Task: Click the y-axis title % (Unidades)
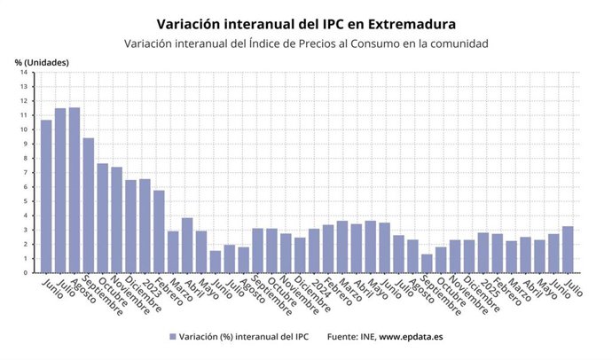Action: click(x=41, y=61)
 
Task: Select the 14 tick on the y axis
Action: click(x=24, y=73)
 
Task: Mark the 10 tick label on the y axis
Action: click(x=24, y=129)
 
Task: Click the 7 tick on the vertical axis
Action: click(x=26, y=173)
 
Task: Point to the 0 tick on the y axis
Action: click(x=26, y=273)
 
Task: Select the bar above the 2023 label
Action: click(x=145, y=226)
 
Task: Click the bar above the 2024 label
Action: click(x=314, y=251)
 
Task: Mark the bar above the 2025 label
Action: click(x=483, y=253)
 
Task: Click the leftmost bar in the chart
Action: click(x=46, y=196)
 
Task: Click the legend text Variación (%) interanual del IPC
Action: click(x=243, y=337)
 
